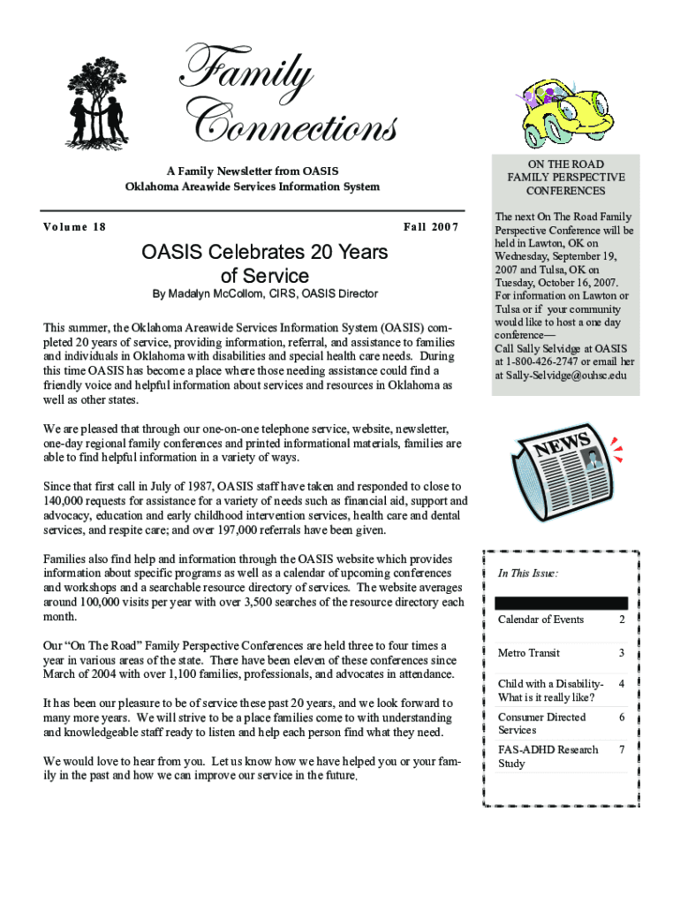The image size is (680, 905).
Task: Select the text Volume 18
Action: [75, 227]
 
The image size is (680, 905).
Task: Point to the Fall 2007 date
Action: [431, 227]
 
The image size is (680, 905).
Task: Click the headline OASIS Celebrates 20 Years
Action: [265, 253]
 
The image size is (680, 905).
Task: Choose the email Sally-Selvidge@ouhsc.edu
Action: [560, 375]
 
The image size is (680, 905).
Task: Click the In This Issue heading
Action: [527, 573]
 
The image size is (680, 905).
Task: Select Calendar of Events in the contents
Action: [540, 620]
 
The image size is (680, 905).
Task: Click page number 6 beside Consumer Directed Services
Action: [622, 718]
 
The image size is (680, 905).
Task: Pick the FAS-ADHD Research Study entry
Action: [548, 757]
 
